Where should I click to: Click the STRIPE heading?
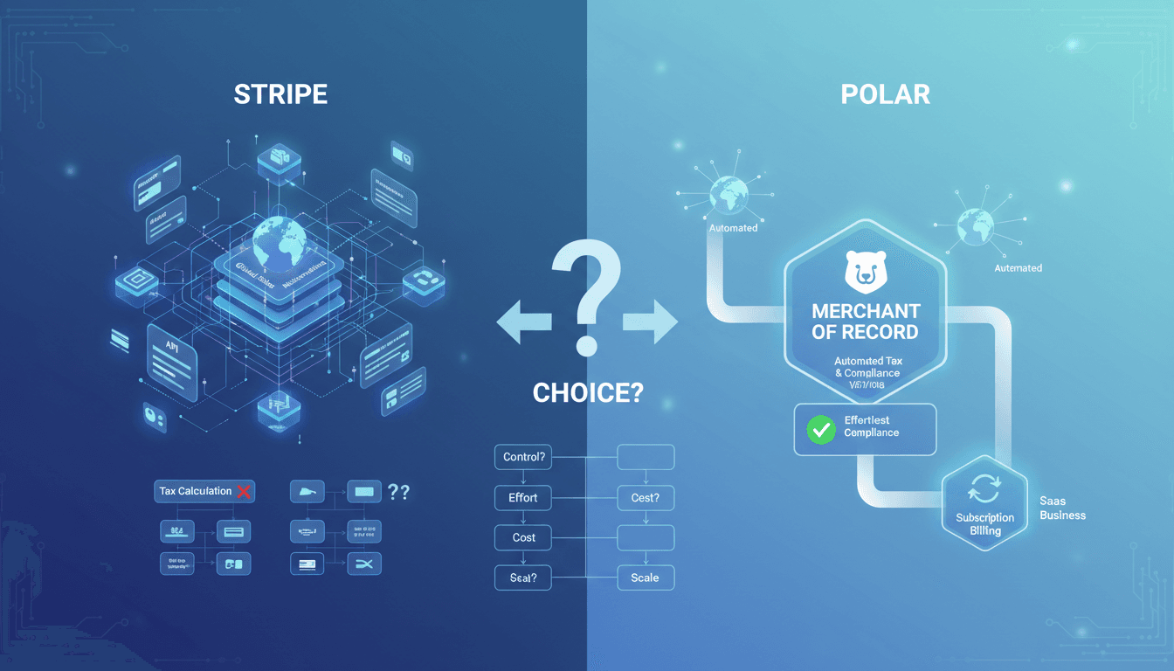click(x=280, y=94)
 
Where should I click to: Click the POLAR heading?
click(x=885, y=94)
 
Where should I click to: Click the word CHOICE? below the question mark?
click(x=587, y=393)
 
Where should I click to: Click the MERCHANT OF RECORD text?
click(x=865, y=322)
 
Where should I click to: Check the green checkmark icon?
click(x=820, y=429)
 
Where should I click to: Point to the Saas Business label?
click(x=1062, y=508)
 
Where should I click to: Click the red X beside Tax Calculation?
click(x=244, y=491)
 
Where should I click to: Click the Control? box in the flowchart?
click(x=523, y=457)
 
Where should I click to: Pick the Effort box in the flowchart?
click(x=523, y=498)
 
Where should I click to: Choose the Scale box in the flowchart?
click(x=645, y=578)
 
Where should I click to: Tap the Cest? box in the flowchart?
click(x=645, y=498)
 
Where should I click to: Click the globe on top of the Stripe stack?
click(x=280, y=239)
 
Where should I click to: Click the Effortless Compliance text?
click(x=871, y=426)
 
